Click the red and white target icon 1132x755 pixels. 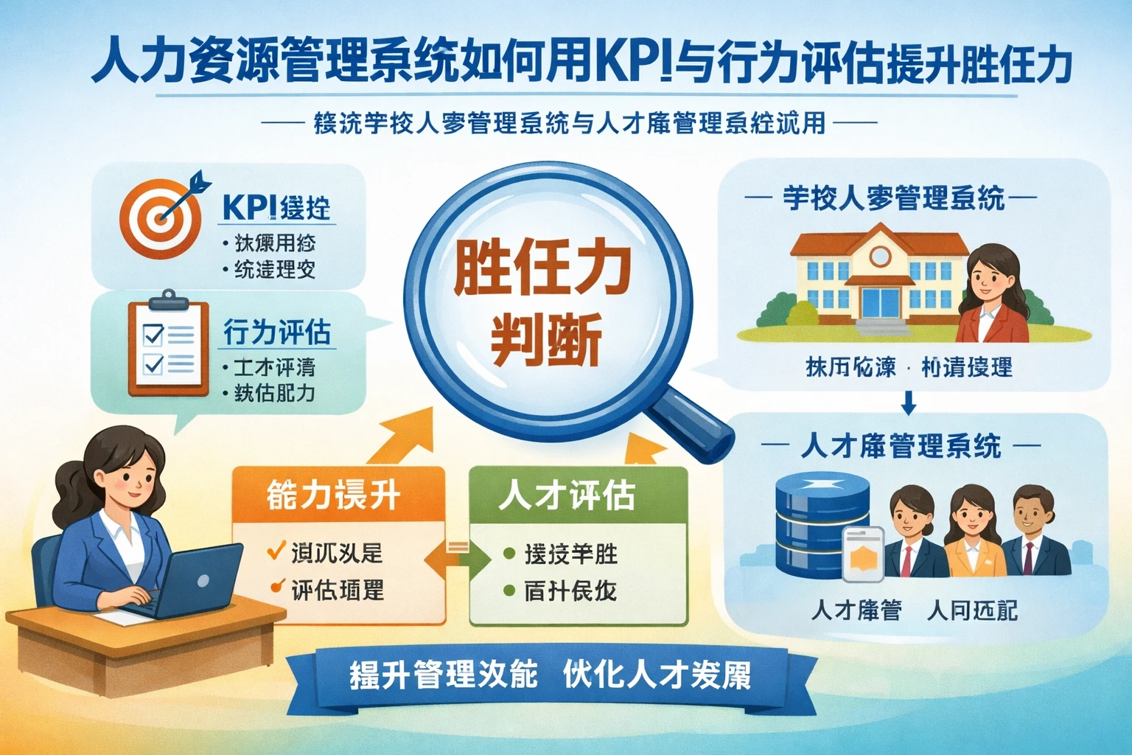click(x=160, y=217)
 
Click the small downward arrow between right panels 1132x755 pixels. click(x=909, y=403)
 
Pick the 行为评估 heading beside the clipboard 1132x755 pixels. click(x=277, y=333)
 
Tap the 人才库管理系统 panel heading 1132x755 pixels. click(x=900, y=447)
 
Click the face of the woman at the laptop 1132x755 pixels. click(x=130, y=476)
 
